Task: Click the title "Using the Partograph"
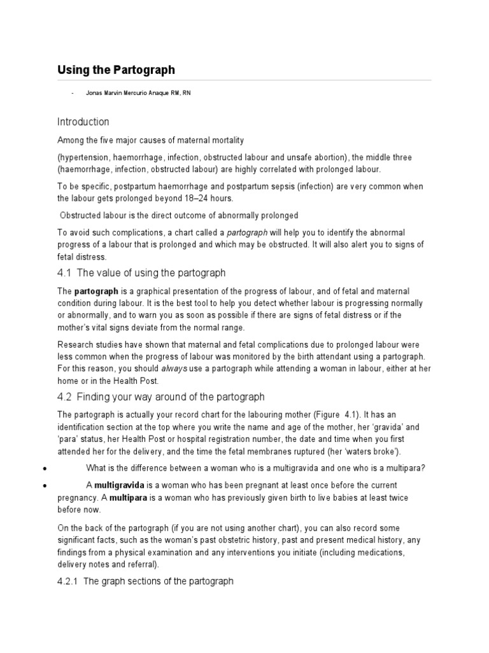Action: [x=116, y=70]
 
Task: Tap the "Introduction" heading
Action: [x=83, y=122]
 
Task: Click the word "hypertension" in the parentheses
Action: [x=83, y=158]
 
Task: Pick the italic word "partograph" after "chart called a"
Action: [x=247, y=233]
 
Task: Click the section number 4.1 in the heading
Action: [x=65, y=273]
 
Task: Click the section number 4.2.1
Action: [x=68, y=581]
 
